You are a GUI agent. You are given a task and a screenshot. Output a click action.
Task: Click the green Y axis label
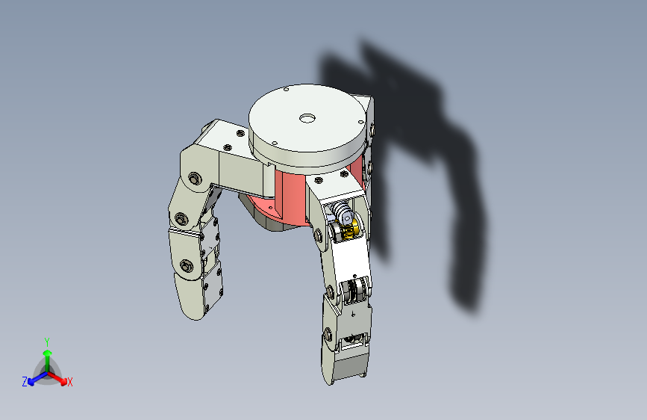coord(47,342)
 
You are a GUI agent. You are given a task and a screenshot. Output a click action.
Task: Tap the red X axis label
coord(69,383)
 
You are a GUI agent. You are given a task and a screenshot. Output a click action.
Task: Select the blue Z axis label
coord(25,382)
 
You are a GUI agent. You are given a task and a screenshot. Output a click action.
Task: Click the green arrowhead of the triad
coord(48,353)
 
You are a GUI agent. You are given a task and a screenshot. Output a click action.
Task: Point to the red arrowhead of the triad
coord(63,380)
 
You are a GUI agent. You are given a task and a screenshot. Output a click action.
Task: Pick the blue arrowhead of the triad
coord(32,381)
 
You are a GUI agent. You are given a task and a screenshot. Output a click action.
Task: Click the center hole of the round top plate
coord(307,119)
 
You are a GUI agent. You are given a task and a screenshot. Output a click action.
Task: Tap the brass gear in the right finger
coord(350,229)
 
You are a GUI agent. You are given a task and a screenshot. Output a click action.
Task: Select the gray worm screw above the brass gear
coord(342,210)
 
